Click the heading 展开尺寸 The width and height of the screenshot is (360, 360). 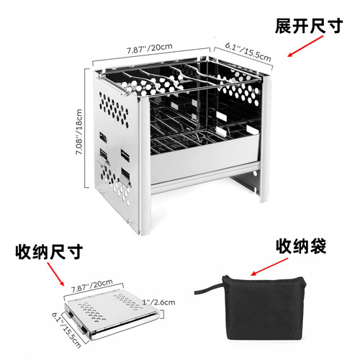[310, 27]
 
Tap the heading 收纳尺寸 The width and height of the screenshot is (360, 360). [48, 253]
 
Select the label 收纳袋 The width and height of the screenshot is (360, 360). [301, 247]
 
